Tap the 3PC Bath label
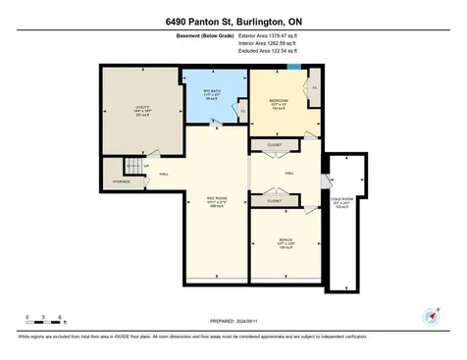point(211,95)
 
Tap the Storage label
point(122,181)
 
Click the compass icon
point(430,316)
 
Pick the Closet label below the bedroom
point(275,146)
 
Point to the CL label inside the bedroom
point(315,86)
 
